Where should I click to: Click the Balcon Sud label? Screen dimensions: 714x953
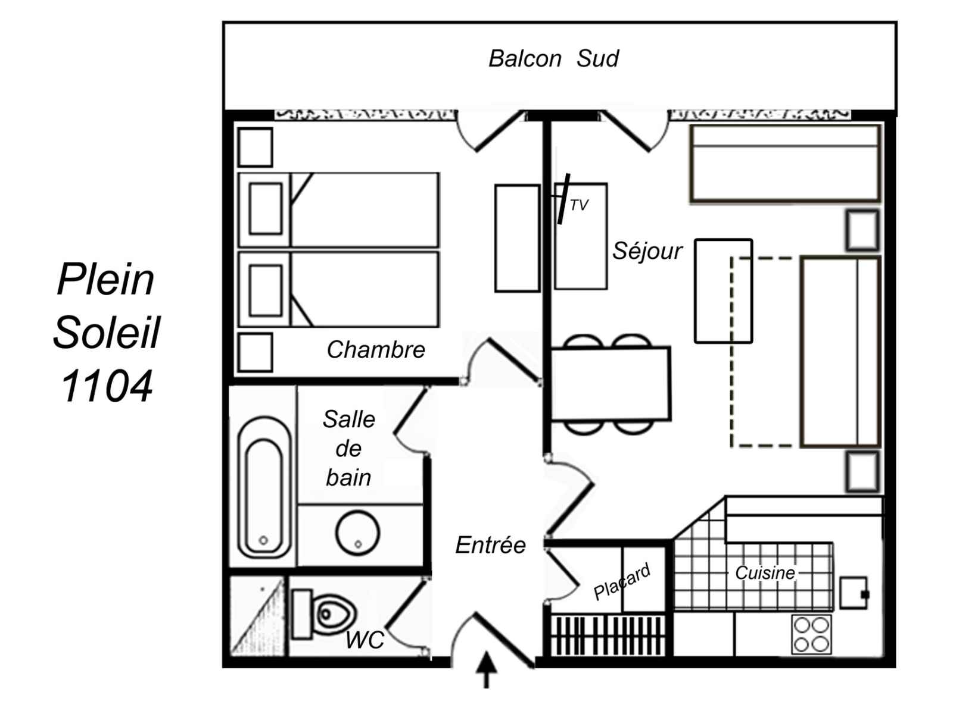(553, 59)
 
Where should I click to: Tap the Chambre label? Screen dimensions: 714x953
(376, 350)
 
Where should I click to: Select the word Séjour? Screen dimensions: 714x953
(647, 251)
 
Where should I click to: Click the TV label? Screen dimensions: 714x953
(578, 205)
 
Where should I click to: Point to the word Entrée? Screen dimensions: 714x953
(490, 545)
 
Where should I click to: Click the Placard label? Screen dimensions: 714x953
(622, 582)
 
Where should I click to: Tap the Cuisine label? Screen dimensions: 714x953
(765, 573)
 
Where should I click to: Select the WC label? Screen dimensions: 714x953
(365, 640)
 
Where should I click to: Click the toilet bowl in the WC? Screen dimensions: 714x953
(333, 613)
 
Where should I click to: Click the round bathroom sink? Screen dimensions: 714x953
(357, 532)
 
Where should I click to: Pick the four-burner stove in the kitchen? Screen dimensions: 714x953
(811, 634)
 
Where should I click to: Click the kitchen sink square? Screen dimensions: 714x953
(853, 593)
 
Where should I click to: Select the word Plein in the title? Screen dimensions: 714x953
(106, 280)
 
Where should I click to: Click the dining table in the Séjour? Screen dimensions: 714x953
(611, 384)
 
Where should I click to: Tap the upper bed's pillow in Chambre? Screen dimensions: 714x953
(266, 209)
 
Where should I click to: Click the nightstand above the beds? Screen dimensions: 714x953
(256, 147)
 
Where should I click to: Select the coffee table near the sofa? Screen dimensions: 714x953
(723, 291)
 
